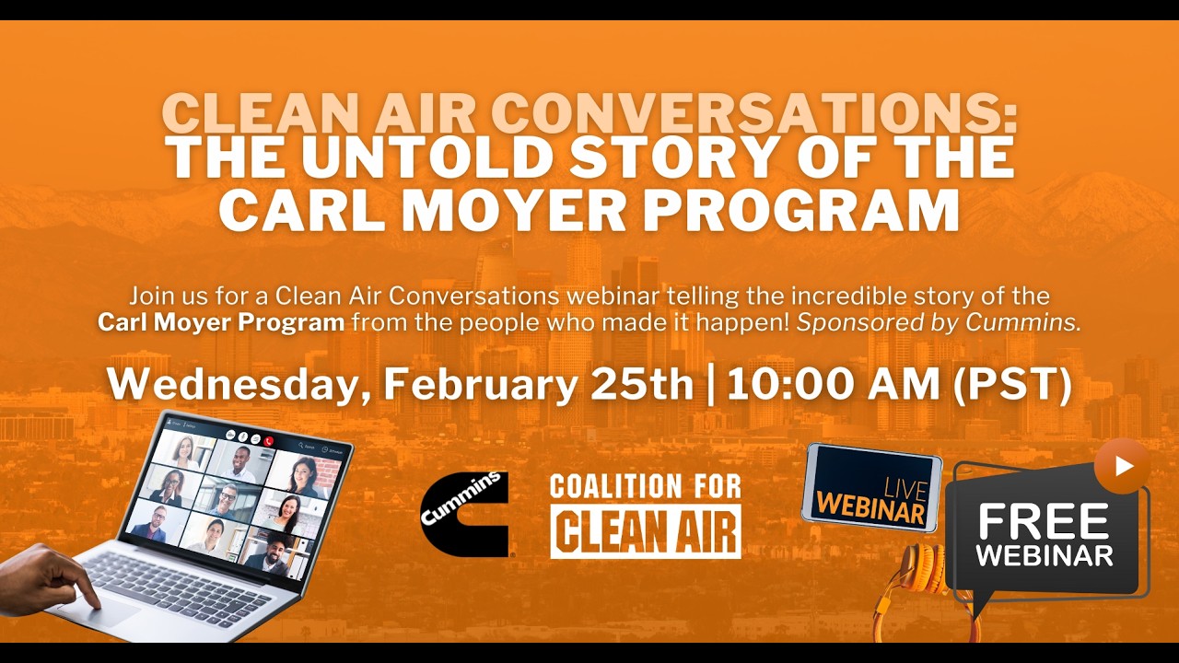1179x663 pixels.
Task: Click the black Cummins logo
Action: tap(464, 514)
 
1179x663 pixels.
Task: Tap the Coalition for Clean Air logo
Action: tap(645, 516)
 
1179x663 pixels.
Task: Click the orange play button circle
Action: tap(1121, 466)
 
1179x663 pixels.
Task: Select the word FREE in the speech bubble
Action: tap(1043, 523)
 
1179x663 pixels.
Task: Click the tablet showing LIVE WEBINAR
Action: tap(871, 487)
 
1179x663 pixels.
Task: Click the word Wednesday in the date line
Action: tap(229, 385)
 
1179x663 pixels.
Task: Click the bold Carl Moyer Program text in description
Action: tap(221, 322)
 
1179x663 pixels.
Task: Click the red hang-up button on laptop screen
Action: tap(268, 440)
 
